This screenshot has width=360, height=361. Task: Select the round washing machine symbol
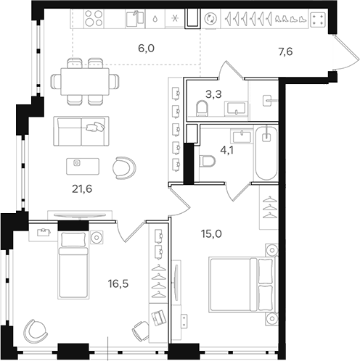click(210, 20)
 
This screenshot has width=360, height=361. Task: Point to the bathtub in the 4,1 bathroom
click(266, 152)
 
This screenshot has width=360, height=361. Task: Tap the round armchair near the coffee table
click(123, 167)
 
